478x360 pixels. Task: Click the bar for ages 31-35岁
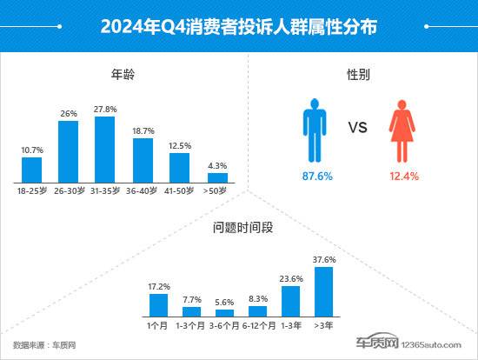[x=105, y=149]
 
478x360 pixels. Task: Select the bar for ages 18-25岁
[x=32, y=170]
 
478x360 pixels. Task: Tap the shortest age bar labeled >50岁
[x=217, y=177]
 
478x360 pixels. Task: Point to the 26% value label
[x=69, y=112]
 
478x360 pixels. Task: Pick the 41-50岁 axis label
[x=180, y=190]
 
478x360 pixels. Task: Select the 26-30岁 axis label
[x=69, y=190]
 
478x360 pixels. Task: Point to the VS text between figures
[x=358, y=129]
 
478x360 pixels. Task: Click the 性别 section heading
[x=358, y=76]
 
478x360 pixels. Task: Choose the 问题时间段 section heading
[x=238, y=230]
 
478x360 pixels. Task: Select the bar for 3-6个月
[x=225, y=311]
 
